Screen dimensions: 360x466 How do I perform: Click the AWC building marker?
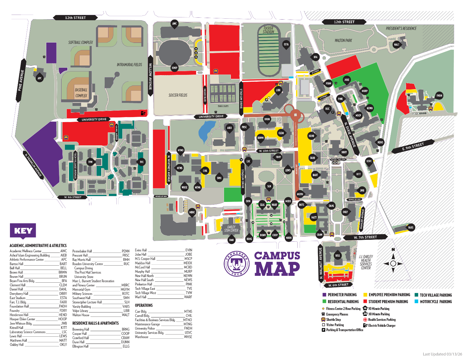(x=175, y=24)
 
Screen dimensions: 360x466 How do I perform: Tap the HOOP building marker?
(x=175, y=68)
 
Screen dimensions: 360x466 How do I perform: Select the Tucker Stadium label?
(x=268, y=30)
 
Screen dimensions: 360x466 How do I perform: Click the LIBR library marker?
(x=278, y=90)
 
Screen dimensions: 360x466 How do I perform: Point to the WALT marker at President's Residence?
(x=397, y=44)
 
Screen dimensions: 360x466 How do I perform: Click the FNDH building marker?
(x=439, y=96)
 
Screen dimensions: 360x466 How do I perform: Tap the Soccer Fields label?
(x=178, y=95)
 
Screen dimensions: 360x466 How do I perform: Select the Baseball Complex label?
(x=81, y=93)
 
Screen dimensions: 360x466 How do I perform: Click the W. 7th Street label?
(x=365, y=237)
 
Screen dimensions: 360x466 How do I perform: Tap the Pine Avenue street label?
(x=21, y=80)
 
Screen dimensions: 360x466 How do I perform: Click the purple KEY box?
(x=23, y=231)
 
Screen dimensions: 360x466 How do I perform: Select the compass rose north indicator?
(x=393, y=250)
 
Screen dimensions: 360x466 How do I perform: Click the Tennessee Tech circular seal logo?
(x=237, y=263)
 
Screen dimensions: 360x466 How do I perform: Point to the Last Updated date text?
(x=442, y=354)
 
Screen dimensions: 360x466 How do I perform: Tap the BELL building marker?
(x=338, y=256)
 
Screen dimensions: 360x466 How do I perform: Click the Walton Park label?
(x=343, y=40)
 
